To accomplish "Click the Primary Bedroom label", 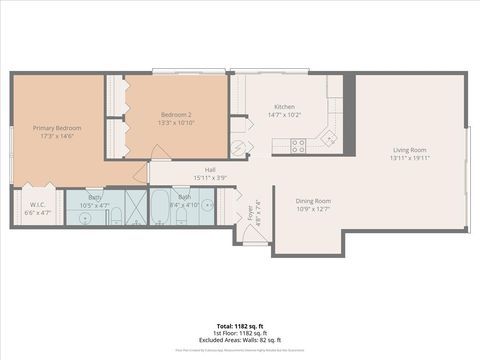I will point(56,128).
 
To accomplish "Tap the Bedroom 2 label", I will point(175,114).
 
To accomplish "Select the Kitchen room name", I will point(284,107).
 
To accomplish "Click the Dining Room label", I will point(314,201).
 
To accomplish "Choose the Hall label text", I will point(211,170).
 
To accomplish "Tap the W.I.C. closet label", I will point(36,205).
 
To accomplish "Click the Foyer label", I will point(250,212).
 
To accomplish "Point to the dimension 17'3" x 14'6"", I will point(56,136).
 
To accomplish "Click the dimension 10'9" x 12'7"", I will point(314,209).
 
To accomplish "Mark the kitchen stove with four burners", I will point(298,146).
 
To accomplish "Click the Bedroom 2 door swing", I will point(158,153).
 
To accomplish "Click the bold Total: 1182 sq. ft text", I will point(240,326).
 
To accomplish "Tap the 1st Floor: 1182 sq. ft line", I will point(240,332).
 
